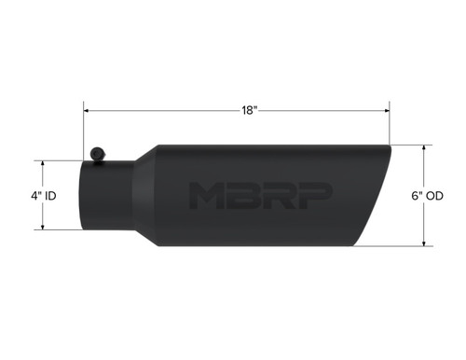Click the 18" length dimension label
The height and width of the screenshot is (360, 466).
[248, 110]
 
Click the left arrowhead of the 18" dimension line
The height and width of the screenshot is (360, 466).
[86, 110]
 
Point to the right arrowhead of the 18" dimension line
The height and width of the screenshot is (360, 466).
[387, 110]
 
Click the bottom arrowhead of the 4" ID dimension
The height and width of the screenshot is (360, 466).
[44, 228]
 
